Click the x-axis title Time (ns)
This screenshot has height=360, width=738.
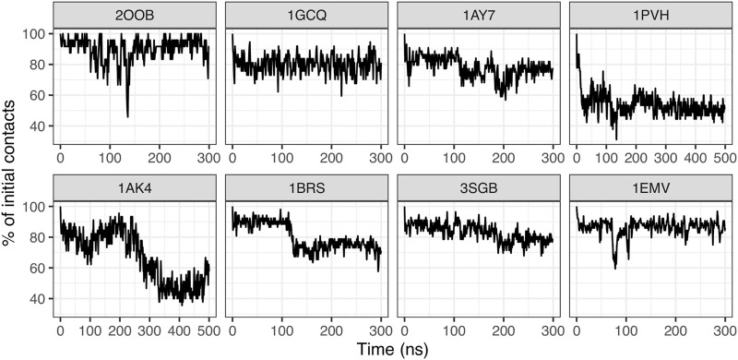[x=392, y=349]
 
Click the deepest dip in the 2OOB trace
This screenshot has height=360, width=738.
[x=127, y=115]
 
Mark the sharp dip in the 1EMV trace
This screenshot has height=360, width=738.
[x=615, y=267]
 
